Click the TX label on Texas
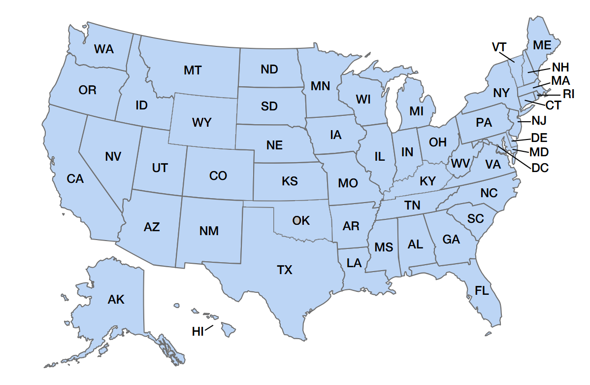[285, 270]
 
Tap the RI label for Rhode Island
[568, 94]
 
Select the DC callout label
[540, 168]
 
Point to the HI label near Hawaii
[197, 332]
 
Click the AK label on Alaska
[116, 299]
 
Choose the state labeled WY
[202, 122]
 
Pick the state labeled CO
[218, 175]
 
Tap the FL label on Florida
[482, 291]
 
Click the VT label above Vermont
[499, 47]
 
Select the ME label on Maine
[542, 45]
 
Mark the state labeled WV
[460, 163]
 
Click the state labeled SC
[475, 218]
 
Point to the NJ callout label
[539, 120]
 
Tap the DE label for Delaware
[539, 139]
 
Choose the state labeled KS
[290, 181]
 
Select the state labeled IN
[407, 152]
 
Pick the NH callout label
[560, 67]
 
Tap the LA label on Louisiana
[354, 263]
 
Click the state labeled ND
[269, 70]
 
